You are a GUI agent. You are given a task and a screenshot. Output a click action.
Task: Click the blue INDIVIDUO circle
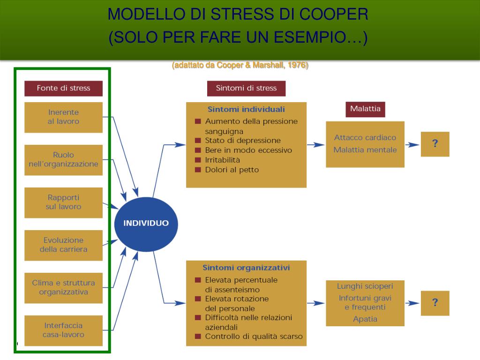pos(146,223)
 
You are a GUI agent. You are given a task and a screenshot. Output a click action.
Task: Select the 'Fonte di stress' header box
pos(63,88)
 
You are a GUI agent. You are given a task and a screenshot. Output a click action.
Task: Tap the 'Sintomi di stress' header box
pos(246,88)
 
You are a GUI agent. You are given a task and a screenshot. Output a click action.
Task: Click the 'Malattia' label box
pos(365,109)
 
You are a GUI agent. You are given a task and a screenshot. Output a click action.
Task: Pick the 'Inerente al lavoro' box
pos(63,117)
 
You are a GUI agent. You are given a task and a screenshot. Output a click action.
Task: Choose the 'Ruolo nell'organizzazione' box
pos(63,160)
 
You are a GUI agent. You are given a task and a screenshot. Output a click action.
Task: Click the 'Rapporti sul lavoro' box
pos(63,202)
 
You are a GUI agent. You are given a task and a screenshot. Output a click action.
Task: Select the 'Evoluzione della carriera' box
pos(63,245)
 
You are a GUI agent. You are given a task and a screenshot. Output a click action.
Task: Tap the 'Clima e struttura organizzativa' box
pos(63,288)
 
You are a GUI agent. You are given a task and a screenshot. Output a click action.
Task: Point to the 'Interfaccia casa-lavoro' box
pos(63,330)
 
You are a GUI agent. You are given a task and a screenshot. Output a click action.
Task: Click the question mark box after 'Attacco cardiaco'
pos(435,144)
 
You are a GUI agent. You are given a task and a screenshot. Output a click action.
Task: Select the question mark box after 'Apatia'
pos(435,303)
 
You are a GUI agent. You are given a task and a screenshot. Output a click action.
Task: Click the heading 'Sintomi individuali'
pos(246,110)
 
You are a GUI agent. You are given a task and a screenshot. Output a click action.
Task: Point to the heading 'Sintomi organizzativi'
pos(246,268)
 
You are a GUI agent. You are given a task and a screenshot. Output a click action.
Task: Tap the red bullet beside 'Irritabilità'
pos(198,160)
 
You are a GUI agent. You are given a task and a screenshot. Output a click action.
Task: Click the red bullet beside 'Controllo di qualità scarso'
pos(198,337)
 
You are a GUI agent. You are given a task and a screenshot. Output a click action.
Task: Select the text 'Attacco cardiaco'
pos(365,138)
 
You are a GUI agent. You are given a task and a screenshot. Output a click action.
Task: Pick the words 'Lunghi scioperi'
pos(365,286)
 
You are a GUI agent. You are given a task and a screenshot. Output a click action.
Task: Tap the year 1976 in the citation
pos(297,65)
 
